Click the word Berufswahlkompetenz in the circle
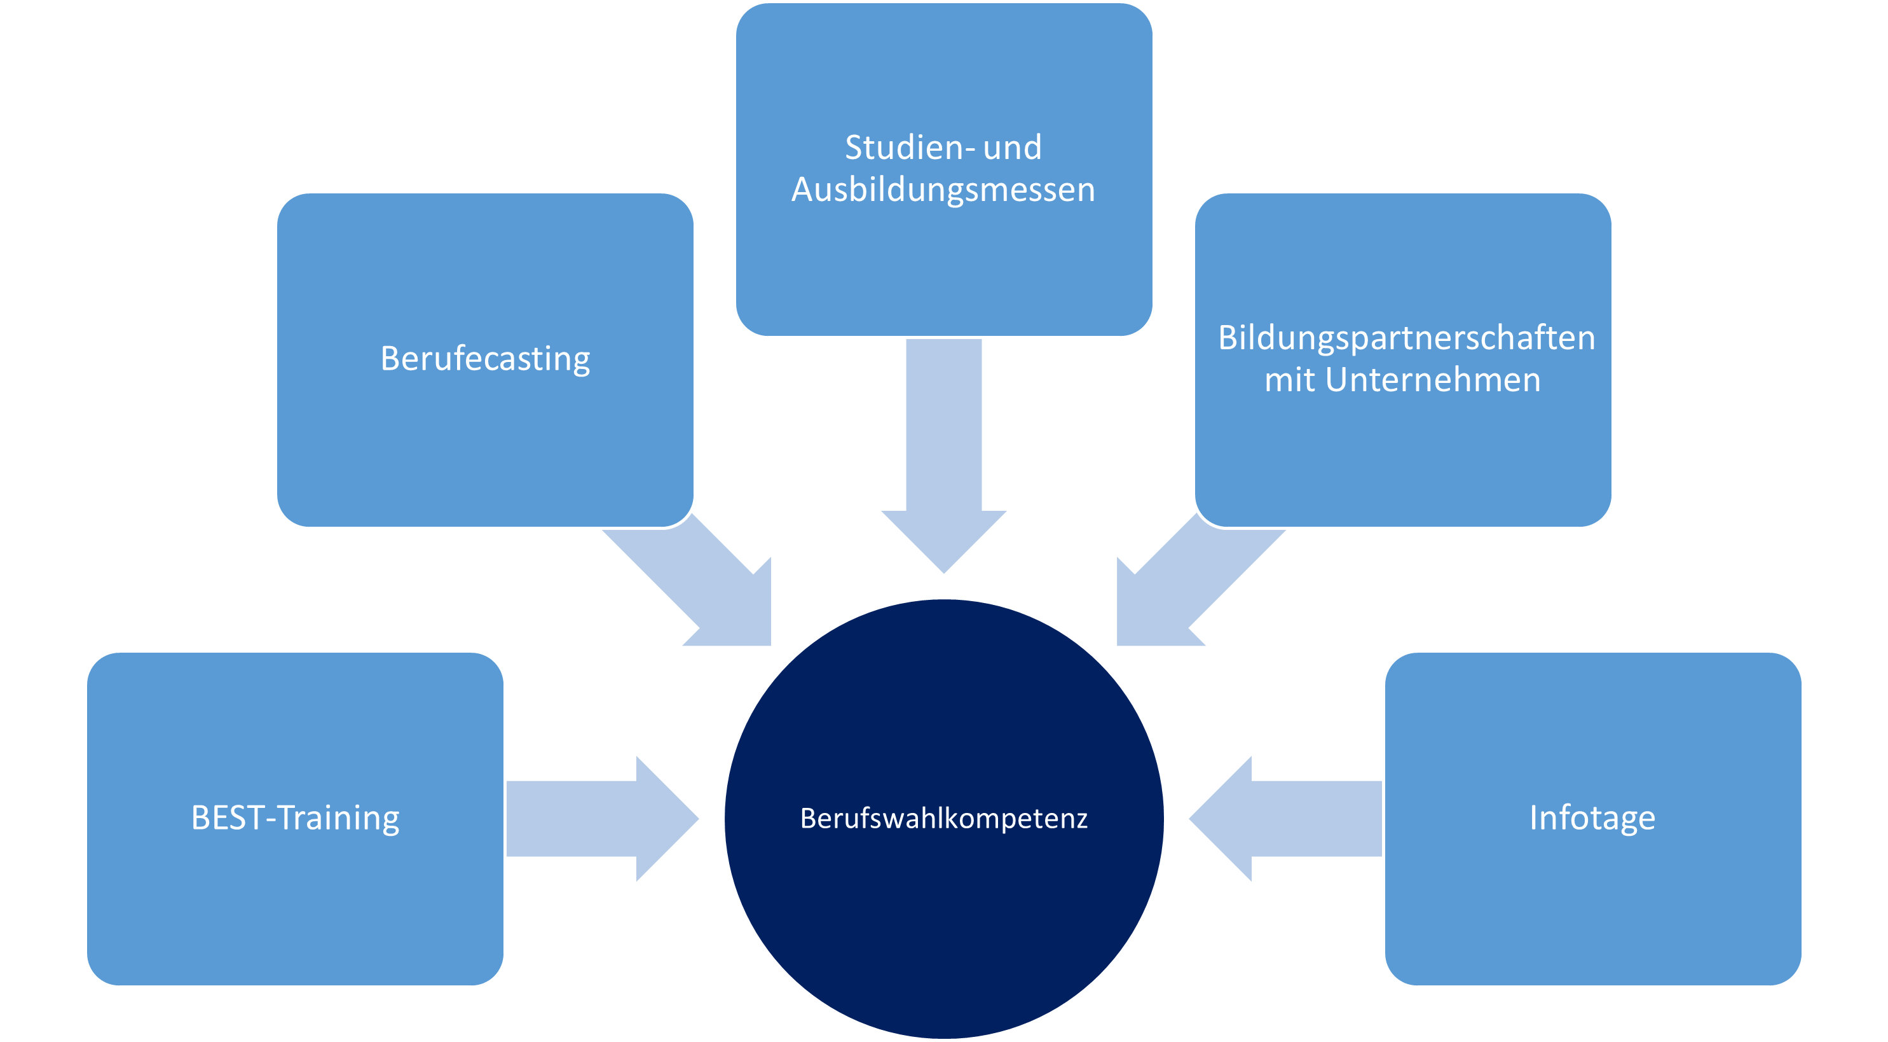coord(943,818)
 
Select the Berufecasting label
coord(485,359)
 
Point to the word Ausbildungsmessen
coord(943,189)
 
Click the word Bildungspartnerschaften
coord(1406,338)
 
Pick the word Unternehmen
coord(1432,380)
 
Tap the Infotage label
coord(1592,817)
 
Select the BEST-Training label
coord(296,817)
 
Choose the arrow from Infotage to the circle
coord(1297,818)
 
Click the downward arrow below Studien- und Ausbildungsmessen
coord(943,455)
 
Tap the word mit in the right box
coord(1290,380)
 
